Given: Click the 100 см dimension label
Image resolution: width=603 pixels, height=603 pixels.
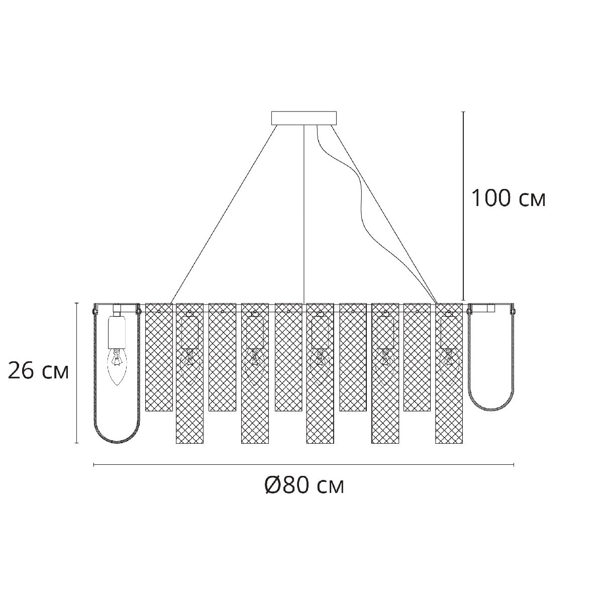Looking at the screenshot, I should point(508,199).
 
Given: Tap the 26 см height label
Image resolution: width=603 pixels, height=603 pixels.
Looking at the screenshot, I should point(38,372).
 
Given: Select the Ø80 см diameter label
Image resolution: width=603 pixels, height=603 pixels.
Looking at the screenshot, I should point(305,485).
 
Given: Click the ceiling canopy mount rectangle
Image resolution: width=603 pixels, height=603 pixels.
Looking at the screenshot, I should point(304,118).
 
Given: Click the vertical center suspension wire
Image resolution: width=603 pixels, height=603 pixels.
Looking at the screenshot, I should point(305,211).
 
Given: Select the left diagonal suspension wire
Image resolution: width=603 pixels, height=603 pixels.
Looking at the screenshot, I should point(226,211).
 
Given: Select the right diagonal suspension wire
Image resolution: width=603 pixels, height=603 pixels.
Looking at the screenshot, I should point(382,211).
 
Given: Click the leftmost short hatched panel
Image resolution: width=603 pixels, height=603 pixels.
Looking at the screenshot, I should point(159,362).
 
